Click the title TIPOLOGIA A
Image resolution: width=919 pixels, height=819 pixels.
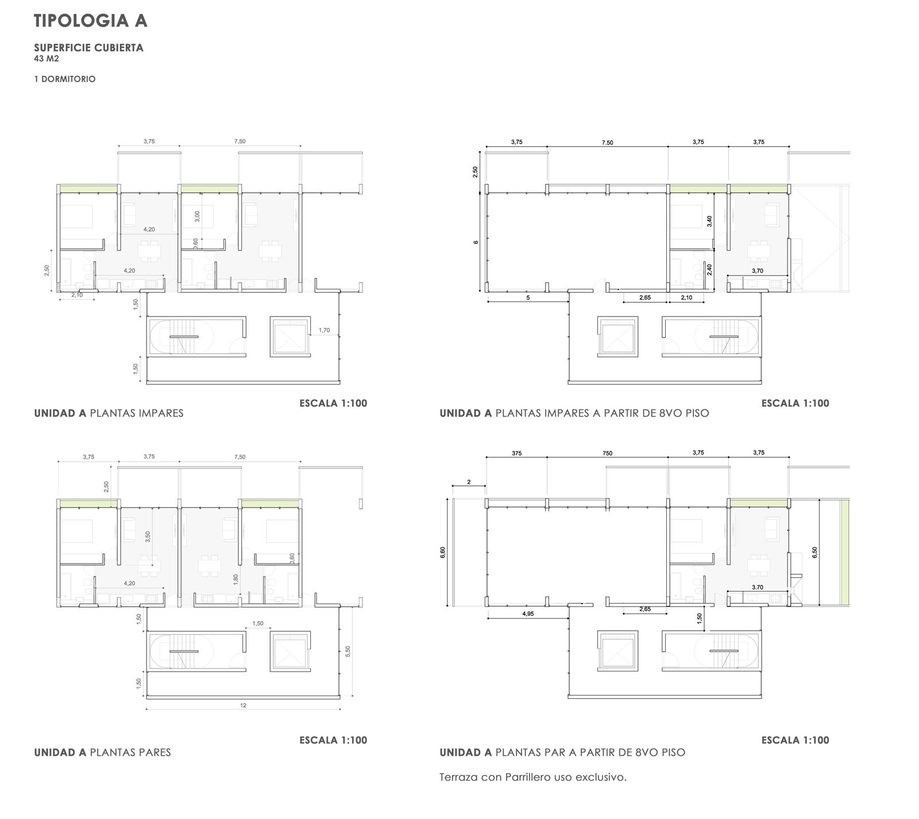pyautogui.click(x=91, y=21)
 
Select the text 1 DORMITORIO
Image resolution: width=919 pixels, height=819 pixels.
pyautogui.click(x=65, y=79)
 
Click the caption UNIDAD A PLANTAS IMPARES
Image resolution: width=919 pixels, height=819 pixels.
pyautogui.click(x=109, y=413)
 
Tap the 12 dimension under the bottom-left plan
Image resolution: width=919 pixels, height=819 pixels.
pyautogui.click(x=243, y=705)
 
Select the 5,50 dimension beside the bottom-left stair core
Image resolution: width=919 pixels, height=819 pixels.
pyautogui.click(x=348, y=651)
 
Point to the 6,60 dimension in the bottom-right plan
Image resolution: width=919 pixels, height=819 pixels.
pyautogui.click(x=442, y=553)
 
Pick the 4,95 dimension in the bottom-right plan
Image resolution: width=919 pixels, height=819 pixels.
pyautogui.click(x=528, y=614)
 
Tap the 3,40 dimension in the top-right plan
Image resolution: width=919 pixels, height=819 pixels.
pyautogui.click(x=709, y=222)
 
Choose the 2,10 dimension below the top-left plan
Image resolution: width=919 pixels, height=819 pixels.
pyautogui.click(x=77, y=295)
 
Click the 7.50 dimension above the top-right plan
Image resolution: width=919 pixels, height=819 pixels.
pyautogui.click(x=607, y=142)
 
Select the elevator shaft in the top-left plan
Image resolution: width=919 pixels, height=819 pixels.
pyautogui.click(x=289, y=335)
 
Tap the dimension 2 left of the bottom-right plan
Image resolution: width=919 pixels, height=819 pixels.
pyautogui.click(x=469, y=482)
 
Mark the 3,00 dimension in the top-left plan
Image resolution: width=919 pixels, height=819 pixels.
pyautogui.click(x=197, y=217)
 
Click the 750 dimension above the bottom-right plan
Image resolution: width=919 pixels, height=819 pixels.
pyautogui.click(x=607, y=453)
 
